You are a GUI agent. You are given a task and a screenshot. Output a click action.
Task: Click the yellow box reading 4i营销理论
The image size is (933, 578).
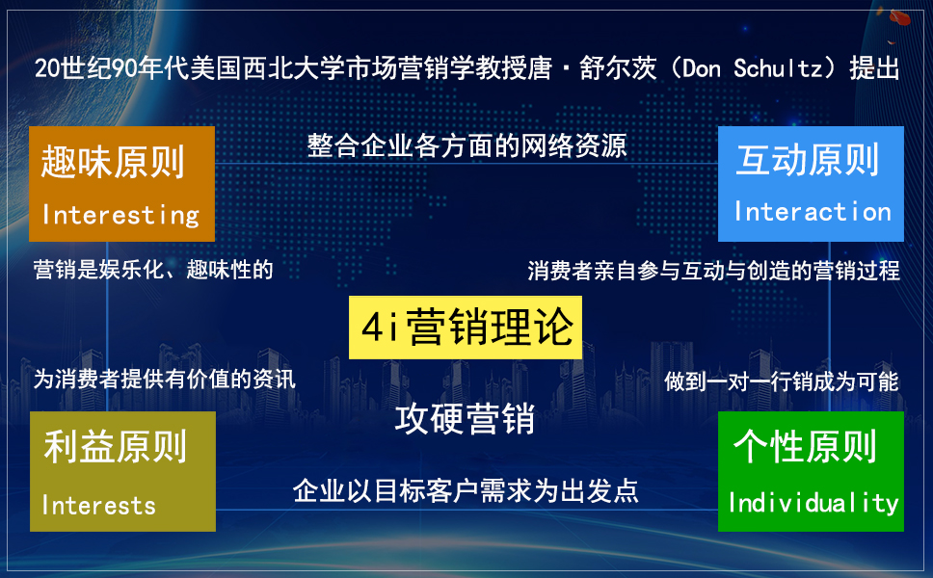[466, 328]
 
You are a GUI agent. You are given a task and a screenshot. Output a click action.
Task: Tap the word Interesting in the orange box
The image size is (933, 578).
[120, 215]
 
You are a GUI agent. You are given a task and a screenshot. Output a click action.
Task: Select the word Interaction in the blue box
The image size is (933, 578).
[813, 211]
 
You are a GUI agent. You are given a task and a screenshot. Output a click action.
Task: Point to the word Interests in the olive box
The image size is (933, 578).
[98, 506]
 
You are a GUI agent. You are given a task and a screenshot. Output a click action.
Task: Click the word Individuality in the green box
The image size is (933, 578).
[813, 503]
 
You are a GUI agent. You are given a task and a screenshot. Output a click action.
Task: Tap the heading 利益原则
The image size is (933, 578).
[116, 447]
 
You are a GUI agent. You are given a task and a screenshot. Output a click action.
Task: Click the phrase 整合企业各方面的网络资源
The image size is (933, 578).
[467, 145]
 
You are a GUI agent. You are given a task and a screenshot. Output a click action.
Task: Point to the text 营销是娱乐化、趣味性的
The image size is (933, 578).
[153, 270]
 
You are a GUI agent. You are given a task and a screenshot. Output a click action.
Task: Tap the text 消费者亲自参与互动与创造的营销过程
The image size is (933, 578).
[713, 271]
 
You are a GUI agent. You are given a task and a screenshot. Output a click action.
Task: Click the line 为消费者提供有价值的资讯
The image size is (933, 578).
[164, 379]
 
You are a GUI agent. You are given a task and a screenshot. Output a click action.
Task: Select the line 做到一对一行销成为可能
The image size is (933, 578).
[782, 381]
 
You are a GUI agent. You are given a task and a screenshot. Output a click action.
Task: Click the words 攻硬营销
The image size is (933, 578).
[465, 419]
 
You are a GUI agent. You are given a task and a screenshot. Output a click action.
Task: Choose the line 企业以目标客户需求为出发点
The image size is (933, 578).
[466, 491]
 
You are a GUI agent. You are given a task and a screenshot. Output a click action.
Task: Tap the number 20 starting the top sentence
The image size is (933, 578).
[47, 68]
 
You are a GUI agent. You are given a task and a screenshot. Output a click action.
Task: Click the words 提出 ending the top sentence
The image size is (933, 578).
[874, 68]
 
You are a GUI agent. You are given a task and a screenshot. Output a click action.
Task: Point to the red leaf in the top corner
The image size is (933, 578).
[900, 17]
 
